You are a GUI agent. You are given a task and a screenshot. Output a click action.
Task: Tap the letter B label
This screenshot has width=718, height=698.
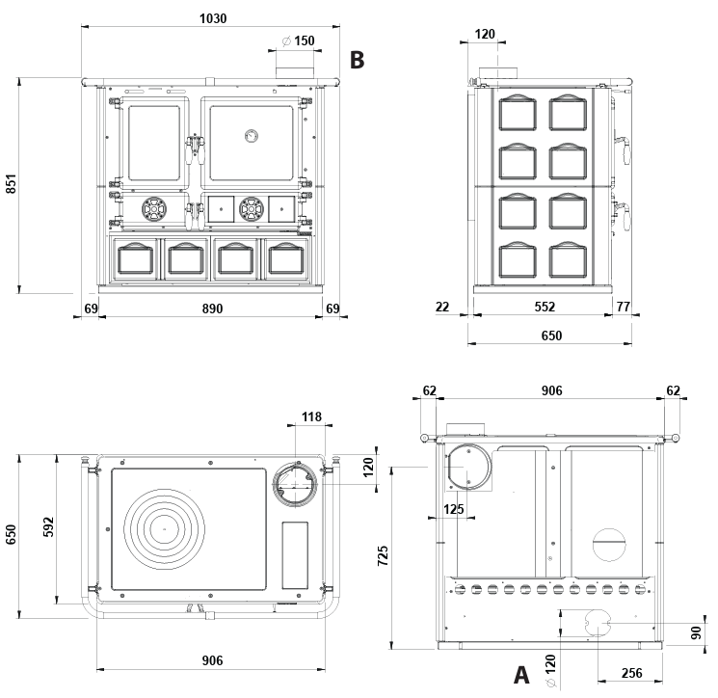(x=358, y=61)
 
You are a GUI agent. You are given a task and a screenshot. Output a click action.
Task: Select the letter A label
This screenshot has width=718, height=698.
(x=521, y=672)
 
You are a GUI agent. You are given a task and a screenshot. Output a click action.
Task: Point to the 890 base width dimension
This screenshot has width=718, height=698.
(x=212, y=309)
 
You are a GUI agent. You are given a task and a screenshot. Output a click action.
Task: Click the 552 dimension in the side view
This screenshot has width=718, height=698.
(x=545, y=307)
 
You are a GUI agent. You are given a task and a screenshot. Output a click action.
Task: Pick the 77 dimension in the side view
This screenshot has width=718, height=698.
(x=624, y=307)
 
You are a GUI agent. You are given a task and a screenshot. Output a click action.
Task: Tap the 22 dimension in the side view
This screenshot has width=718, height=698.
(x=443, y=307)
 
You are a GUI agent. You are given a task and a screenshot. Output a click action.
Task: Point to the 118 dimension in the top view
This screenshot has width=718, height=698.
(x=310, y=416)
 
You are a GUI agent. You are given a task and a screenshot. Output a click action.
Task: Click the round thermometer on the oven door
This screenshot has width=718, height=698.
(x=251, y=135)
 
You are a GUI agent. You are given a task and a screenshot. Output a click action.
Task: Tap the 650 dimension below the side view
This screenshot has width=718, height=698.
(x=549, y=336)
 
